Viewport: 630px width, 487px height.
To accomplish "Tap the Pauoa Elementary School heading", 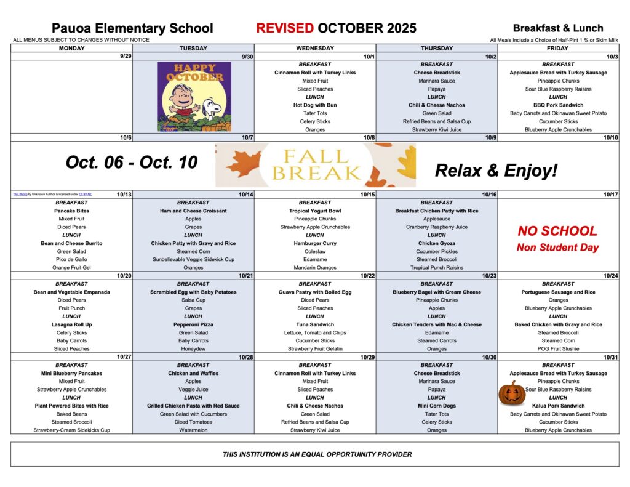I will click(132, 28).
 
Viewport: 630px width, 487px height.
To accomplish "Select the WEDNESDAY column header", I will click(314, 48).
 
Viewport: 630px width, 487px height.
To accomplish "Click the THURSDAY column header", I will click(436, 48).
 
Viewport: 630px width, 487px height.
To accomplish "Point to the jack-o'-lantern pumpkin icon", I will click(512, 393).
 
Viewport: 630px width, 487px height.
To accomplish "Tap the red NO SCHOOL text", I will click(557, 231).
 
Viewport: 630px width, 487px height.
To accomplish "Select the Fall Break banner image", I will click(315, 165).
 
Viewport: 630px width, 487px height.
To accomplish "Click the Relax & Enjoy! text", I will click(496, 170).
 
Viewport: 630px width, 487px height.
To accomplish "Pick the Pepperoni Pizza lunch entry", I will click(193, 324).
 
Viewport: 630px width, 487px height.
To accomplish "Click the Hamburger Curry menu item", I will click(314, 243).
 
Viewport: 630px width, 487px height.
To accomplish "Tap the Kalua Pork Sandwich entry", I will click(558, 406).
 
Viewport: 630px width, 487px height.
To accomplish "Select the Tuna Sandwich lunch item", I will click(314, 324).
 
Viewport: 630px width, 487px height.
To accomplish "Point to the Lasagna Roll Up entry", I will click(71, 324).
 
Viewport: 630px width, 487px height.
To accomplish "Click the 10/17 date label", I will click(610, 195).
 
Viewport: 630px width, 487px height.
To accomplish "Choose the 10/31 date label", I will click(610, 357).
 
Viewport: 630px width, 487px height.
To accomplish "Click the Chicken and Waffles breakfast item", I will click(193, 373).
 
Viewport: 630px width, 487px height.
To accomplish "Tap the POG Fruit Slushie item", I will click(558, 348).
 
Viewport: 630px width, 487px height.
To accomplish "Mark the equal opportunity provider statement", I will click(317, 454).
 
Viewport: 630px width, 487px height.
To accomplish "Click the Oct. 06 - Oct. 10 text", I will click(132, 163).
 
